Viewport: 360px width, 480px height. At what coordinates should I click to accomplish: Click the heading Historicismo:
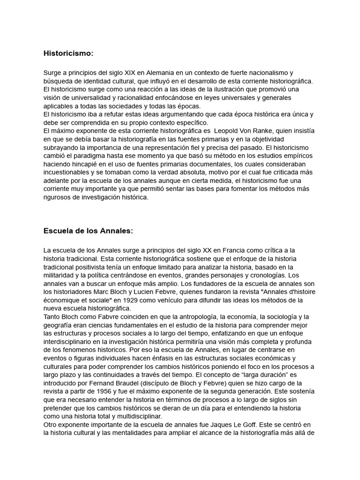tap(68, 53)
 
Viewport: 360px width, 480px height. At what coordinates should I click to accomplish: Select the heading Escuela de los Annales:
tap(88, 231)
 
